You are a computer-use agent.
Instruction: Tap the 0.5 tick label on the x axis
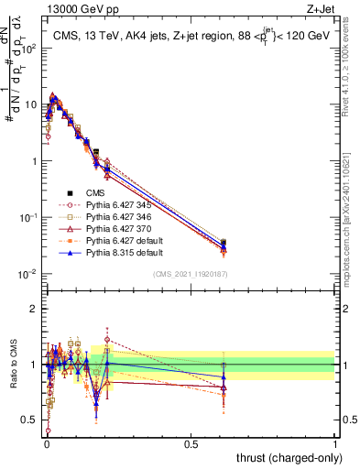(x=191, y=443)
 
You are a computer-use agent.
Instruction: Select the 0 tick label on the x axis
(x=47, y=443)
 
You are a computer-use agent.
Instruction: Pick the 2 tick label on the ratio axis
(x=35, y=309)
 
